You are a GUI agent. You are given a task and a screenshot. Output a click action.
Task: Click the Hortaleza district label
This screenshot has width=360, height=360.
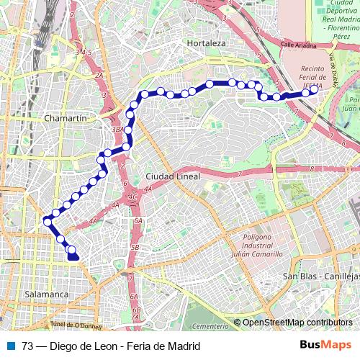click(207, 43)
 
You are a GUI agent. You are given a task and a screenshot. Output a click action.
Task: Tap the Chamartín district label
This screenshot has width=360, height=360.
click(66, 117)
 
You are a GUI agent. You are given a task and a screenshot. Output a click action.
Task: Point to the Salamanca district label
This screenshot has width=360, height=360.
click(46, 294)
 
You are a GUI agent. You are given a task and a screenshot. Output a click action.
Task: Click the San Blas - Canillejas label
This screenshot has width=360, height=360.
click(320, 276)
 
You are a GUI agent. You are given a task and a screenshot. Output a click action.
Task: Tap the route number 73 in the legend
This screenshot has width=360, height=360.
click(27, 346)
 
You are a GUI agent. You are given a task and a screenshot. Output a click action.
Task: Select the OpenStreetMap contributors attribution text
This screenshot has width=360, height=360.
click(297, 323)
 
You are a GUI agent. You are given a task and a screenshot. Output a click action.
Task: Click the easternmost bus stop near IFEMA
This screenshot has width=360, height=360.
click(315, 91)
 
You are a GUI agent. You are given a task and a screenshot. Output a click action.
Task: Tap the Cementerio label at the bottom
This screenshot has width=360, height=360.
click(211, 326)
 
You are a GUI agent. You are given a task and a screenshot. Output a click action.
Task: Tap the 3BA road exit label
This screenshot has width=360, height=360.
click(117, 129)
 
